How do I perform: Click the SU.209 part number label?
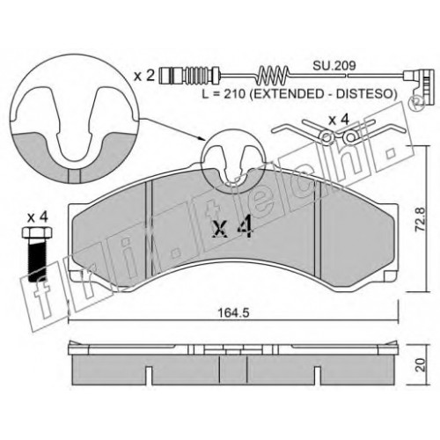click(334, 65)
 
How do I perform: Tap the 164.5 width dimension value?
click(233, 313)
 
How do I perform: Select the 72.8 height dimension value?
click(421, 219)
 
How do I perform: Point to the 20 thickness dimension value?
click(421, 364)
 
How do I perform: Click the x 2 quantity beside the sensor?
click(144, 76)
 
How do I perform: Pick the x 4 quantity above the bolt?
click(37, 217)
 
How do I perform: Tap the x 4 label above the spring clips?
click(339, 120)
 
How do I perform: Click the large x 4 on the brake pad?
click(232, 226)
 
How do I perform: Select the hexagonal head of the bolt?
click(38, 232)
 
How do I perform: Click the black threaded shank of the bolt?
click(38, 260)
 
